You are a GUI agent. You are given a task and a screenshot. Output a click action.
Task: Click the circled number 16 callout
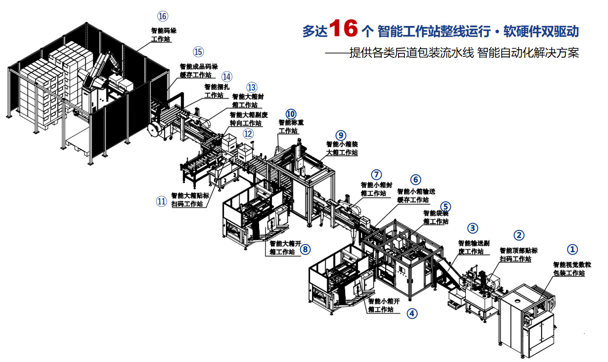pyautogui.click(x=163, y=16)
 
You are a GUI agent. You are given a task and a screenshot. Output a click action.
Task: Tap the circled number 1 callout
pyautogui.click(x=572, y=249)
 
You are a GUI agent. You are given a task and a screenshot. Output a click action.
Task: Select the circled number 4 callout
pyautogui.click(x=412, y=313)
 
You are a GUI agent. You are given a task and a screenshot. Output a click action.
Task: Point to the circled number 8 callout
pyautogui.click(x=305, y=249)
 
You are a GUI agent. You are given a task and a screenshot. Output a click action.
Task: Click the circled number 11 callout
pyautogui.click(x=161, y=201)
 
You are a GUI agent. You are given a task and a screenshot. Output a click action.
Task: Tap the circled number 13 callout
pyautogui.click(x=251, y=87)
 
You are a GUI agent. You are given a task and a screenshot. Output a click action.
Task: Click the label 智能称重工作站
pyautogui.click(x=288, y=127)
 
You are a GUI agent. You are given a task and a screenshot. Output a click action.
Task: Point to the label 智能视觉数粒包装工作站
pyautogui.click(x=572, y=269)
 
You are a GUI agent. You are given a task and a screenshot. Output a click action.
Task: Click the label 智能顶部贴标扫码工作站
pyautogui.click(x=518, y=255)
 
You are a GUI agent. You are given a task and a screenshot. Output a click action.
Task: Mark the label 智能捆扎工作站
pyautogui.click(x=214, y=91)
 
